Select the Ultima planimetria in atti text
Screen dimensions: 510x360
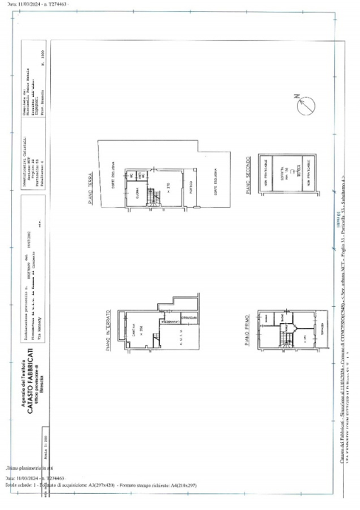(28, 469)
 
